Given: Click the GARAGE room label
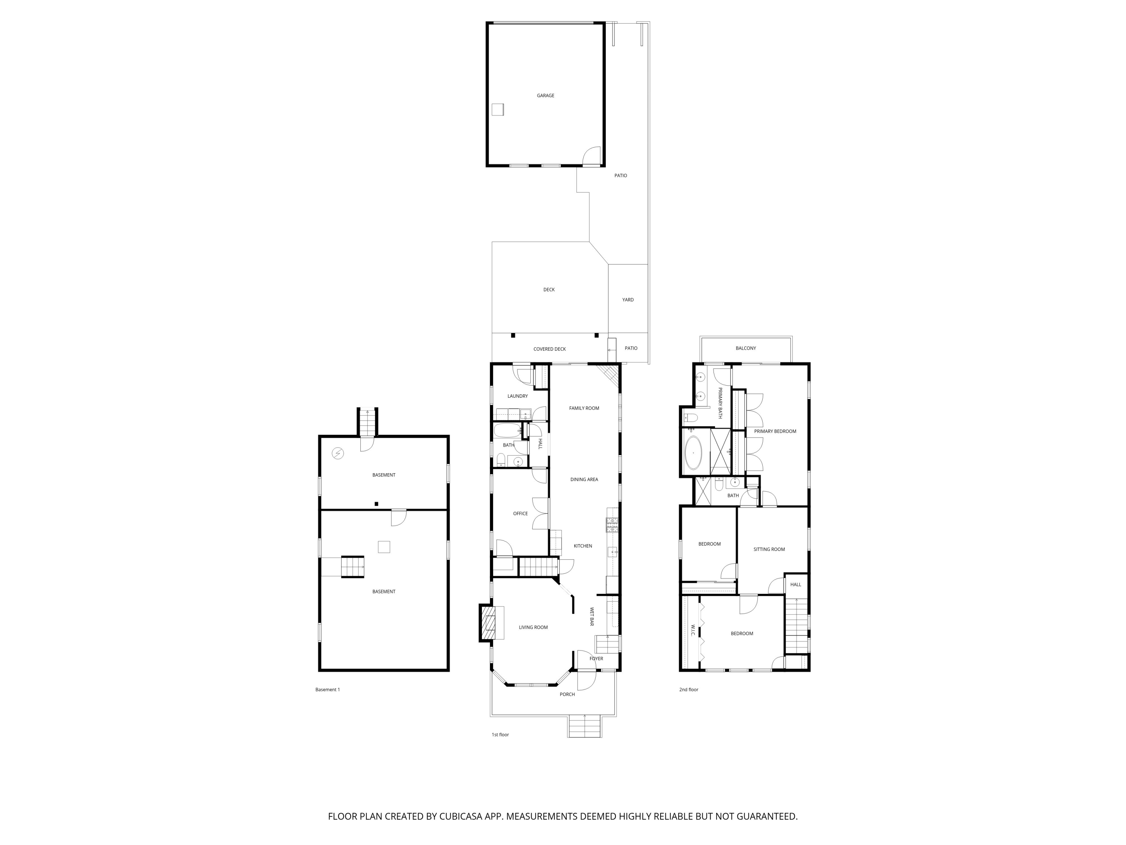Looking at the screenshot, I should [545, 96].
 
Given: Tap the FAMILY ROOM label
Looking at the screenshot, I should [584, 408].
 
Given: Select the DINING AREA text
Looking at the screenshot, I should [584, 479].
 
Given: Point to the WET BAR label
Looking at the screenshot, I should [592, 616].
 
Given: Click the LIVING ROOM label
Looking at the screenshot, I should [533, 628].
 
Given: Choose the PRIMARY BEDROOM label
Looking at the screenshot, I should [775, 432].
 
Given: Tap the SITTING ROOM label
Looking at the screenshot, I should [769, 549].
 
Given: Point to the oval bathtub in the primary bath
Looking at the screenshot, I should [693, 452].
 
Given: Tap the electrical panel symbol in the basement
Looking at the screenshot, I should [337, 453].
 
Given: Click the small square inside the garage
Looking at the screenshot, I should [497, 110].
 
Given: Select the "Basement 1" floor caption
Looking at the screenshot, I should [327, 690].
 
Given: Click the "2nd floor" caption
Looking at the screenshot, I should [688, 690].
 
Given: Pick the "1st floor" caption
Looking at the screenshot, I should [500, 735].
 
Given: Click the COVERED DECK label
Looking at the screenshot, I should [549, 349].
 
